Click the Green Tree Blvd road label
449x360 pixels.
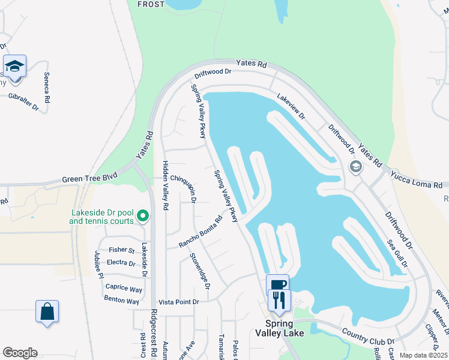click(x=90, y=179)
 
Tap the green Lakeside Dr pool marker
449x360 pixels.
click(x=143, y=215)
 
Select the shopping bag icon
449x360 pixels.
click(x=47, y=311)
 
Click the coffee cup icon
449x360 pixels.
click(x=277, y=285)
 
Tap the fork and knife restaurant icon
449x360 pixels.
click(x=279, y=299)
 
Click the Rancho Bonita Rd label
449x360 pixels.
click(x=200, y=232)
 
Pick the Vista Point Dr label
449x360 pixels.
click(x=178, y=302)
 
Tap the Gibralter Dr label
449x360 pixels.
click(x=23, y=101)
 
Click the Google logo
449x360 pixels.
click(x=20, y=353)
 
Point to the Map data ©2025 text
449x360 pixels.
click(x=423, y=355)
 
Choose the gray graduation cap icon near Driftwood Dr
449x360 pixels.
click(x=355, y=167)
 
